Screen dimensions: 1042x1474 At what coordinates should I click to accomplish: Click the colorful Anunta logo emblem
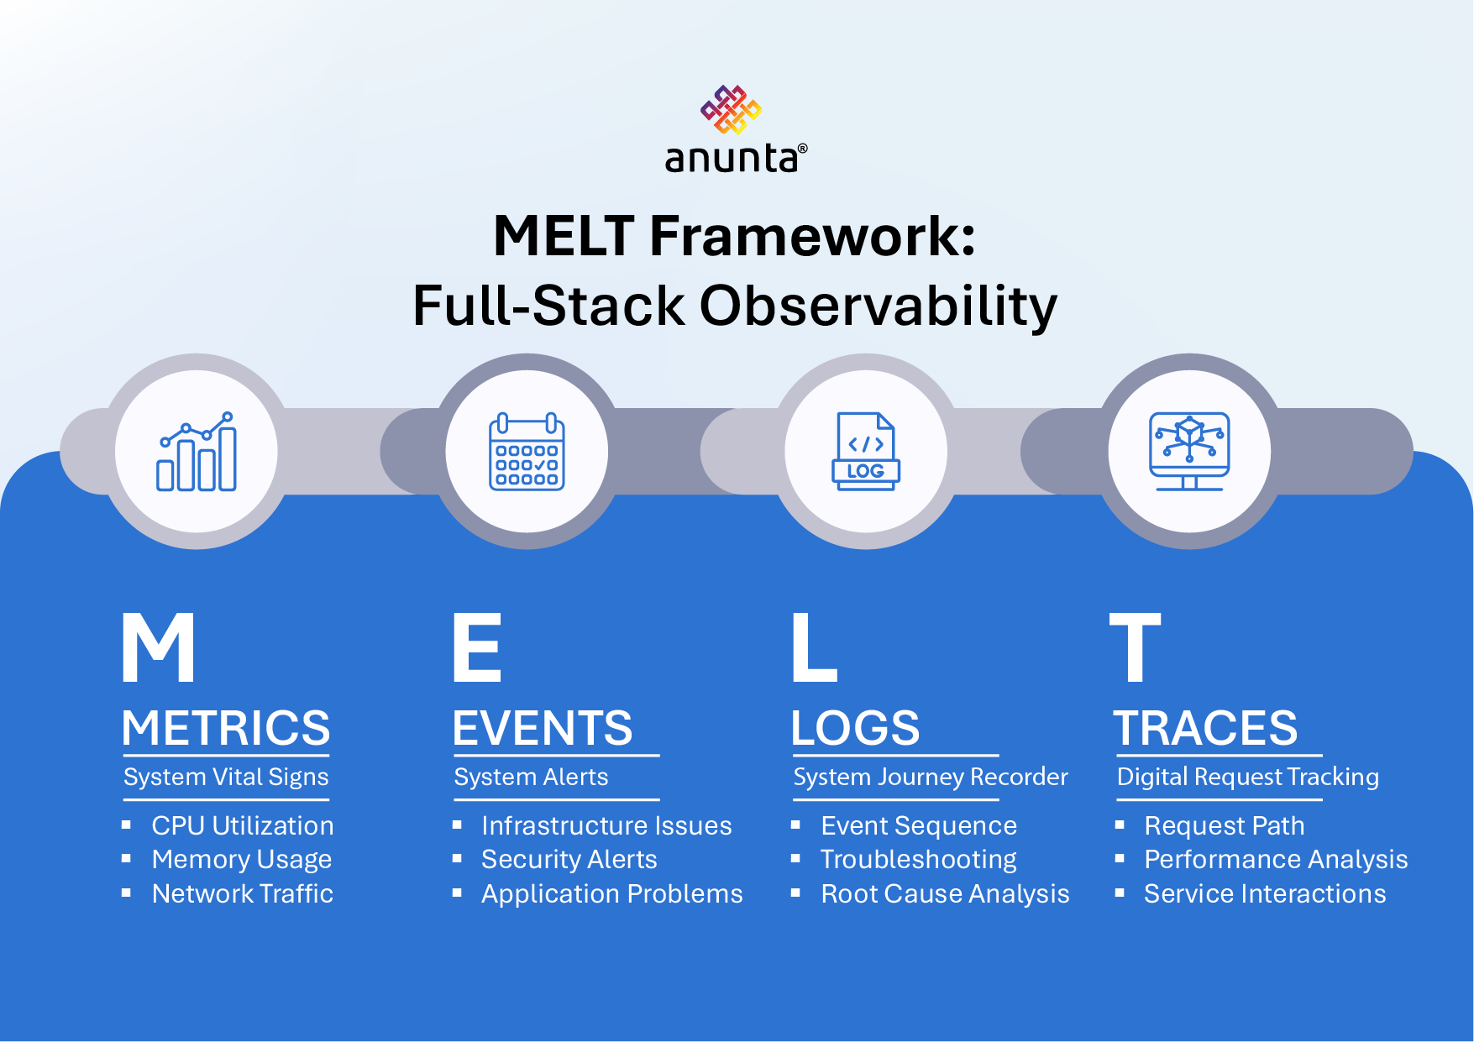click(x=732, y=109)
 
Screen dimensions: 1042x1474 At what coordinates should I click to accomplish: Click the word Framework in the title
click(x=812, y=236)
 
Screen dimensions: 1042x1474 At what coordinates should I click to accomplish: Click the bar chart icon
click(x=197, y=452)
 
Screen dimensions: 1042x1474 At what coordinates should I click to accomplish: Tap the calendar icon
click(x=527, y=452)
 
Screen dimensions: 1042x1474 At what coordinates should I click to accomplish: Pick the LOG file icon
click(x=866, y=452)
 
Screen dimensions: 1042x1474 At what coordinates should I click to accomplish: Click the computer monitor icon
click(x=1189, y=452)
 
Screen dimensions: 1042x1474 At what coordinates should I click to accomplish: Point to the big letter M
click(x=159, y=647)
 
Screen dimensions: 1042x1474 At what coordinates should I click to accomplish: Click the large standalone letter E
click(x=476, y=647)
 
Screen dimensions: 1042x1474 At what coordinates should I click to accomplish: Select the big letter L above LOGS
click(x=813, y=647)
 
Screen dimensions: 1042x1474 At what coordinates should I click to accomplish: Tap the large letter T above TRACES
click(x=1135, y=647)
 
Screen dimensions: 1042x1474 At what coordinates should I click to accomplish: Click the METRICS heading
click(x=226, y=727)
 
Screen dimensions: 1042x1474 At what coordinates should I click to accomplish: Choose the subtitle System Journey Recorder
click(x=931, y=777)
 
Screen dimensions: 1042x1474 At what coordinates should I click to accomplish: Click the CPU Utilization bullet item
click(x=242, y=825)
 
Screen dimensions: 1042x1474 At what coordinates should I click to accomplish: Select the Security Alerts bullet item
click(x=569, y=859)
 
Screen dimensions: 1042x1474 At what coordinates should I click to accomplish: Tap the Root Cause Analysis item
click(x=945, y=893)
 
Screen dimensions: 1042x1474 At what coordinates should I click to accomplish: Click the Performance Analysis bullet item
click(x=1275, y=859)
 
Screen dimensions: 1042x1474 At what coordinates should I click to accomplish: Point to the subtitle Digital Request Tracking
click(x=1247, y=777)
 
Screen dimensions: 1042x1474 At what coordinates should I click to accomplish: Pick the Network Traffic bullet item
click(x=242, y=893)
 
